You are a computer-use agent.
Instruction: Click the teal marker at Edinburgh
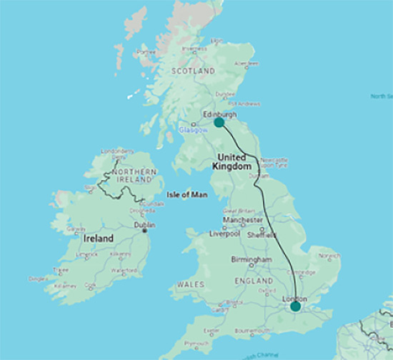click(219, 122)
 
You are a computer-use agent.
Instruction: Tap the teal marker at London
click(296, 306)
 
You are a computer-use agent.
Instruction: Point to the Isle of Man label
click(184, 194)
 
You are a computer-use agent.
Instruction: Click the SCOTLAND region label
click(193, 72)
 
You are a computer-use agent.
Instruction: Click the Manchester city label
click(242, 221)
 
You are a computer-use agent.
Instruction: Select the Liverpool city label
click(223, 234)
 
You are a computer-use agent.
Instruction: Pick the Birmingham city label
click(251, 260)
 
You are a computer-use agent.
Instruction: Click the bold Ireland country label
click(99, 238)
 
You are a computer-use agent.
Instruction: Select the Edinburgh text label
click(220, 113)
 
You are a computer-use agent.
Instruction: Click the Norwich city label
click(328, 255)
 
